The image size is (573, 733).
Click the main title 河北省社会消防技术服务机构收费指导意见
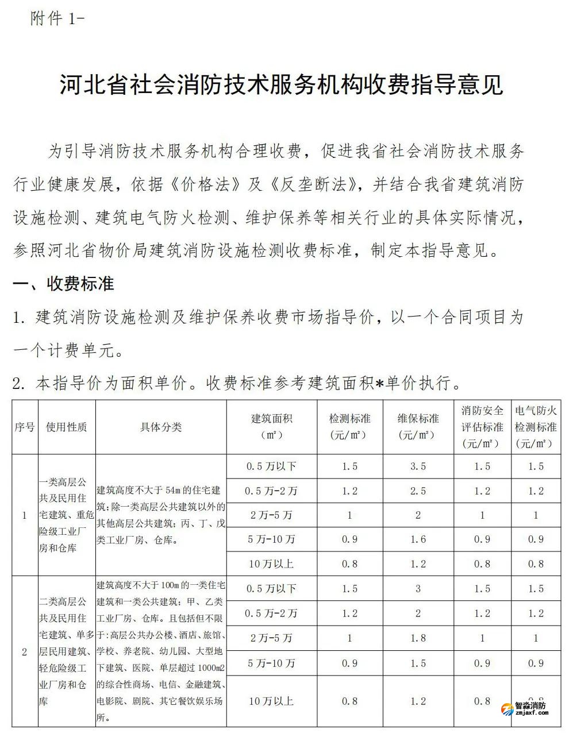282,85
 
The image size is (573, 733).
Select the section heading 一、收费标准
64,283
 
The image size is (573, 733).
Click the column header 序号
24,427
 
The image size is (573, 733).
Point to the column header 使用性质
67,427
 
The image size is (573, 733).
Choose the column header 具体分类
161,427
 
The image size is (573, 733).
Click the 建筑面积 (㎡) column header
271,427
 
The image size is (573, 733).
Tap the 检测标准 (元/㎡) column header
349,427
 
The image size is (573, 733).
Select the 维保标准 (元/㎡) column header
418,427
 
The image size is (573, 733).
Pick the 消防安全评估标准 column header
482,427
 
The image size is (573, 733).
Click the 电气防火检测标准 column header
536,427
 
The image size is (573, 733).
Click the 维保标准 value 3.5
418,466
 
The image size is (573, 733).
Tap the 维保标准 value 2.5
418,491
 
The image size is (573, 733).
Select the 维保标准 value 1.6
418,539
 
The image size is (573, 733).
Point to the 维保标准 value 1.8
418,638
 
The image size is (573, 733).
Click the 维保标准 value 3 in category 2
418,589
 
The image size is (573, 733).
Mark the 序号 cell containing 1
24,515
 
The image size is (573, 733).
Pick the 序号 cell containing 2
24,652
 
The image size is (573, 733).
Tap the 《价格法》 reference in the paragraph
205,185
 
